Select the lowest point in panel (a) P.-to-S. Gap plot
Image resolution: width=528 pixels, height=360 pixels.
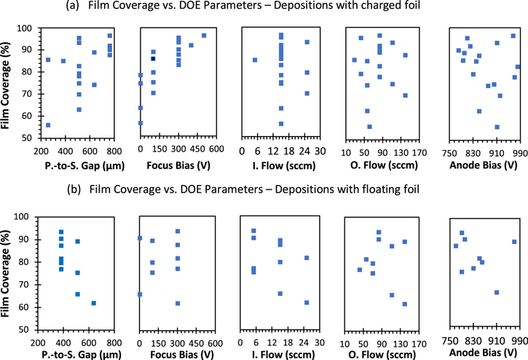coord(48,125)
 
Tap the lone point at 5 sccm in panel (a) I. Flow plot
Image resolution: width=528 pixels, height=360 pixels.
coord(254,60)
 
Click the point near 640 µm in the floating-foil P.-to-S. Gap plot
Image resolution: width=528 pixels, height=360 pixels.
coord(93,303)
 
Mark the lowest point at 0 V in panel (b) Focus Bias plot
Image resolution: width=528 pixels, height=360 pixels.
coord(140,294)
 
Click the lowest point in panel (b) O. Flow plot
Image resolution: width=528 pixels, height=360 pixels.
coord(405,304)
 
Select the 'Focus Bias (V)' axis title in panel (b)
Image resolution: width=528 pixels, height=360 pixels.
coord(176,355)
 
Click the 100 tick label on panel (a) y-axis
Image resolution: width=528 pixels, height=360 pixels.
coord(26,28)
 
